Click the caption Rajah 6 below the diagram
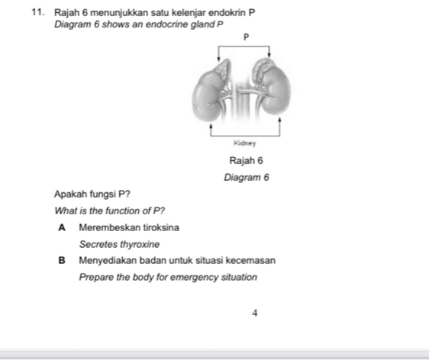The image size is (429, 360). tap(245, 161)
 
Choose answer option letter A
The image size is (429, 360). tap(60, 227)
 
